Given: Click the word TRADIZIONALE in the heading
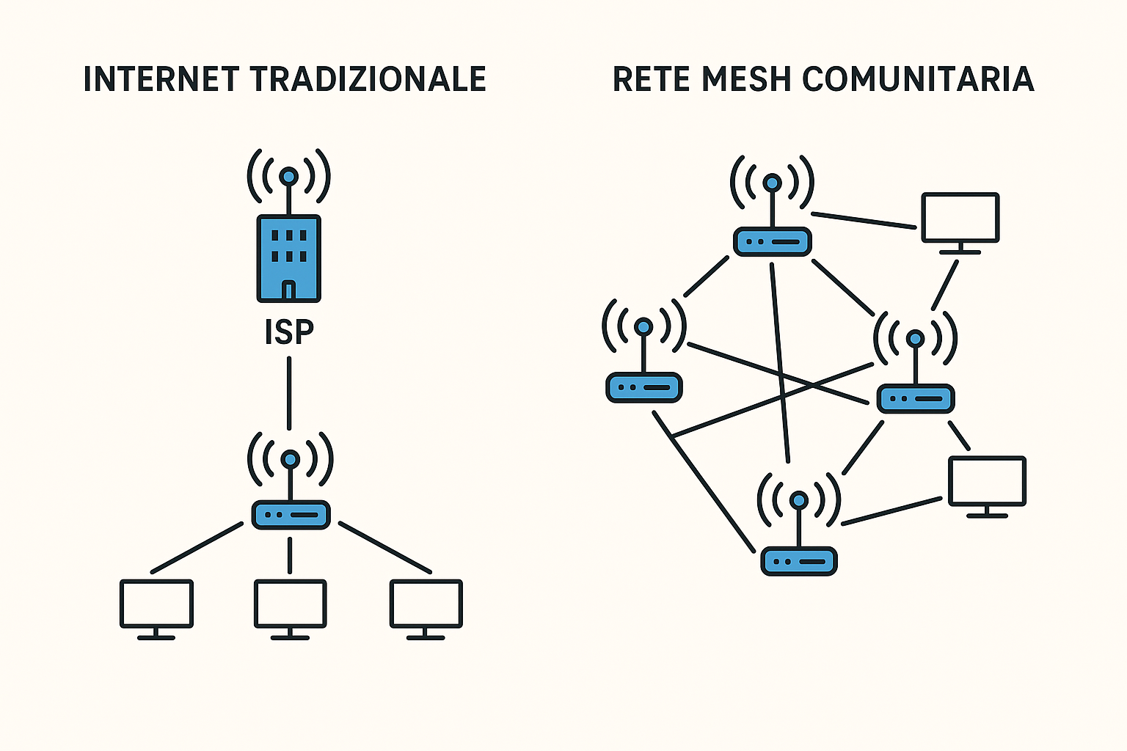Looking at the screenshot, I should point(368,79).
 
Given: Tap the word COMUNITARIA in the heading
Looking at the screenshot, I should point(918,79).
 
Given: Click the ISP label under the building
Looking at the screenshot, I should point(289,332).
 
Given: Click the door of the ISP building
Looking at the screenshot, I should point(289,290).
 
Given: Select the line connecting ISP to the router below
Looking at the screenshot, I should point(289,393).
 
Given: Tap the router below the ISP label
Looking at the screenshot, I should point(291,515).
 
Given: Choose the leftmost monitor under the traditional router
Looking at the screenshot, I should point(156,604).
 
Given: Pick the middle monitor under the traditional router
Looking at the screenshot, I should point(291,604).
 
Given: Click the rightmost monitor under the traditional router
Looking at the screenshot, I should point(426,604).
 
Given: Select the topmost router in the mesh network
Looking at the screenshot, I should point(772,241).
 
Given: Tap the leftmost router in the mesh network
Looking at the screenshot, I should point(644,387).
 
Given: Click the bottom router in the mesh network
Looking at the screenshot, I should point(799,561).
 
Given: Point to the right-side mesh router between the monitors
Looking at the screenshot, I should point(916,398).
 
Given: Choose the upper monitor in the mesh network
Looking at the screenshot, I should point(960,218).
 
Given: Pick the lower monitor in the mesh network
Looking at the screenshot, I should point(987,481).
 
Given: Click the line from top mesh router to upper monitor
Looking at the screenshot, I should point(864,220).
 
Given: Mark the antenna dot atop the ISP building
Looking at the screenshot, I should point(289,176).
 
